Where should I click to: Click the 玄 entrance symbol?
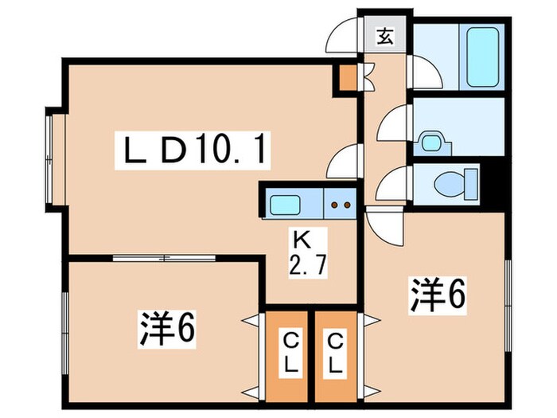click(x=385, y=35)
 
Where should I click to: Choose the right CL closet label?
click(x=337, y=356)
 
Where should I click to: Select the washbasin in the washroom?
click(x=432, y=142)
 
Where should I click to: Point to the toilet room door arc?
click(x=392, y=185)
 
